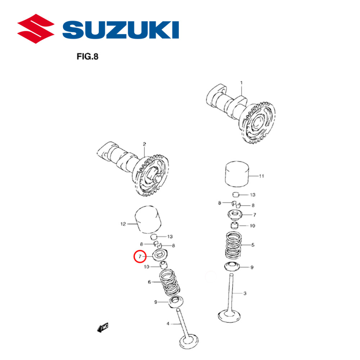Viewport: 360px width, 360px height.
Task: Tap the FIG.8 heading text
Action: pos(88,57)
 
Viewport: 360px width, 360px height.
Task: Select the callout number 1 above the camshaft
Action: pos(242,83)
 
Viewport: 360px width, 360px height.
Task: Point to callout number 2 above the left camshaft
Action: pos(144,144)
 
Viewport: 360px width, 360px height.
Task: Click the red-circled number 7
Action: pos(140,257)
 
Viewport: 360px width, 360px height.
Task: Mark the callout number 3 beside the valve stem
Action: pos(244,293)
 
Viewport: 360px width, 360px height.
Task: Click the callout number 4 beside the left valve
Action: pos(167,324)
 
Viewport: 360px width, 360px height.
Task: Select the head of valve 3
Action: pos(229,317)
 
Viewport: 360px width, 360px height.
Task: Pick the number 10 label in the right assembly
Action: pos(252,226)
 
